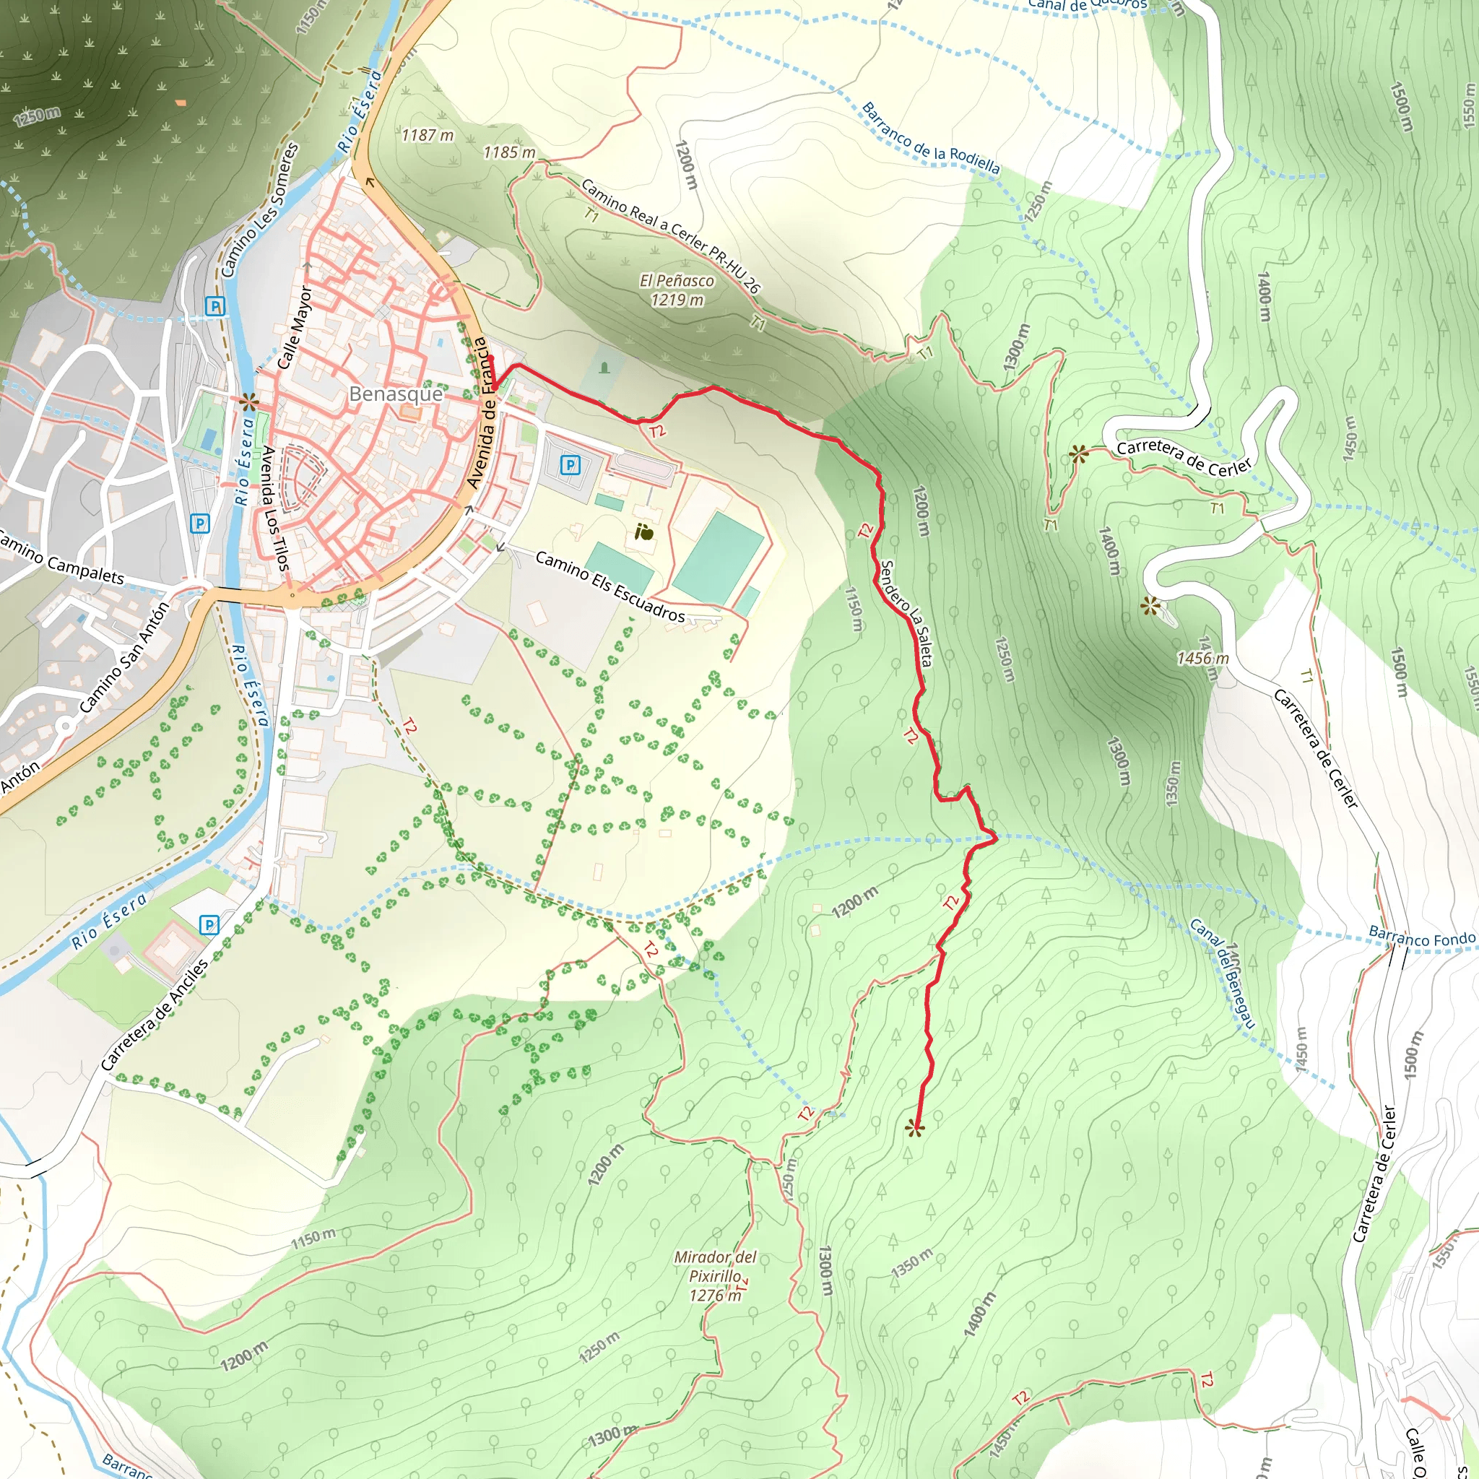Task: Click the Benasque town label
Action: pos(395,394)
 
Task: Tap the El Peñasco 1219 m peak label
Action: pos(677,290)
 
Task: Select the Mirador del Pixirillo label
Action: pos(715,1275)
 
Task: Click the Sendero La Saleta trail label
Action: pos(906,613)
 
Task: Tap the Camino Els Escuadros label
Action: pos(610,586)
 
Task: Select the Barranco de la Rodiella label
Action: pos(931,139)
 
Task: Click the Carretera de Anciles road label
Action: pos(155,1015)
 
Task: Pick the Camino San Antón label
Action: pos(123,658)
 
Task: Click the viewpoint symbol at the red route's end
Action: pos(914,1129)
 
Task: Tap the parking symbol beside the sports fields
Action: pos(570,464)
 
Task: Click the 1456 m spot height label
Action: pos(1202,659)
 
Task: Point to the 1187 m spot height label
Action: pos(428,136)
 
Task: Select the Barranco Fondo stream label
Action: pos(1421,938)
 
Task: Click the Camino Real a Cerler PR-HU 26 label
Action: pos(670,235)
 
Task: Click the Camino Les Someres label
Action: pos(259,209)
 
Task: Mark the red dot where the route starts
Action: pos(492,358)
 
